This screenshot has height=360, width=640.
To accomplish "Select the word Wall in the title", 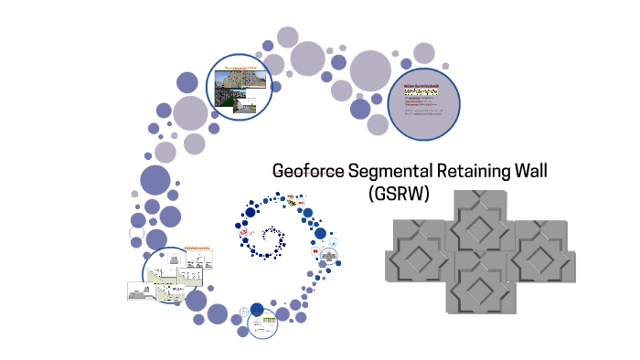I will tap(533, 173).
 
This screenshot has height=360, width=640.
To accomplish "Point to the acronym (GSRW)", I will tap(398, 194).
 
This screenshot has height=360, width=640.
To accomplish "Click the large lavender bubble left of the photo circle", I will tap(191, 114).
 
